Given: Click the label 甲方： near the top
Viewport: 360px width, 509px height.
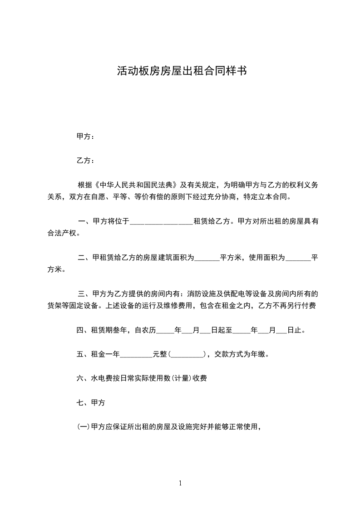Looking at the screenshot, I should pos(85,136).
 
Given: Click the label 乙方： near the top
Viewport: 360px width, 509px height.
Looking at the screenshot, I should pos(85,161).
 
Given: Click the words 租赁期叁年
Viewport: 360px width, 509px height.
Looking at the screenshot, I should pos(111,330).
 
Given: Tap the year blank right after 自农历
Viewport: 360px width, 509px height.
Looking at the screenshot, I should pos(165,331).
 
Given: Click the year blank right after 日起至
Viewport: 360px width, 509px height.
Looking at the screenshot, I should pos(242,331).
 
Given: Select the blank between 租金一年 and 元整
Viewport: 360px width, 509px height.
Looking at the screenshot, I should pos(136,355).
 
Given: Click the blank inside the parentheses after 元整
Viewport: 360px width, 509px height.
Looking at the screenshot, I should pos(186,355).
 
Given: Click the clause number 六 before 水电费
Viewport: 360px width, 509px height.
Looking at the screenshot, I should pos(80,378).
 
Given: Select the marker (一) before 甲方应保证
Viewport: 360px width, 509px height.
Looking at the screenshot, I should pos(84,427).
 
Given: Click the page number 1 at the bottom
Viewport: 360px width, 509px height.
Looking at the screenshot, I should pos(180,484).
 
